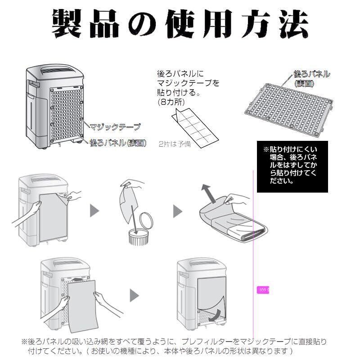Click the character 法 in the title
tap(293, 24)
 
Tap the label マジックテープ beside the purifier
tap(115, 127)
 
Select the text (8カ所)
tap(171, 102)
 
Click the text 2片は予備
tap(175, 144)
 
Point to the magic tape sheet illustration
tap(195, 128)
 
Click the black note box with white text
tap(292, 166)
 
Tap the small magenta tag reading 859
tap(263, 290)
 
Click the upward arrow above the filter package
tap(208, 193)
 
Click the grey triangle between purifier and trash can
tap(94, 211)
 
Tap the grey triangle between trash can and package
tap(177, 211)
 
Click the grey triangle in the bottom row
tap(134, 295)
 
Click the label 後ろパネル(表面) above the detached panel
tap(312, 78)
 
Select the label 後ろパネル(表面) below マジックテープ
tap(118, 143)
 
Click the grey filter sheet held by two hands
tap(82, 306)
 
